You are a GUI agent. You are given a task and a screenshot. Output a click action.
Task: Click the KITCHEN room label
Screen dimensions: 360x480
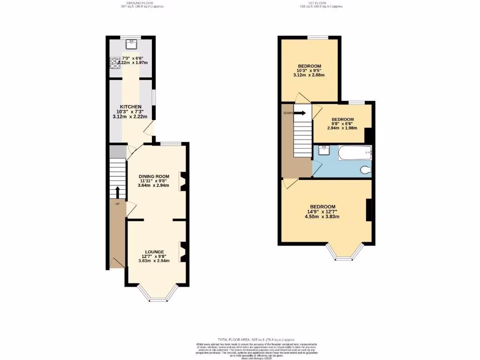pos(130,107)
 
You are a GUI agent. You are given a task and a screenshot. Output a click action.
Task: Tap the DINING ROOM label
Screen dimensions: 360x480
pos(153,176)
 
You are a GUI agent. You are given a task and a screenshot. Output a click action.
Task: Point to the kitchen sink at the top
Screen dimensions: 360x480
pos(131,45)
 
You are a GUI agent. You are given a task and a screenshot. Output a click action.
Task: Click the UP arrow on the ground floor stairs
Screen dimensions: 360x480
pos(117,193)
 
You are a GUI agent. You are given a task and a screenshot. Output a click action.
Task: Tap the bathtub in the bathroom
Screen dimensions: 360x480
pos(354,152)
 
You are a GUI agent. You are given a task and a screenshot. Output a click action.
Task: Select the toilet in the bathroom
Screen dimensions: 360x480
pos(365,169)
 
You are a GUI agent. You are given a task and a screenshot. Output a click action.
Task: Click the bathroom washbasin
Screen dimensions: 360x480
pos(323,150)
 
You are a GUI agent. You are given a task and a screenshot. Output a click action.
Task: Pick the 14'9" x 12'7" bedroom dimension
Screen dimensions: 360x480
pos(322,211)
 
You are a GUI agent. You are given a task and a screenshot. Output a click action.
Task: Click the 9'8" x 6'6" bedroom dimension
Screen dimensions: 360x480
pos(342,124)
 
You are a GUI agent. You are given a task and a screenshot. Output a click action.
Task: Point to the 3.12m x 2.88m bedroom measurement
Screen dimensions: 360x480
pos(309,75)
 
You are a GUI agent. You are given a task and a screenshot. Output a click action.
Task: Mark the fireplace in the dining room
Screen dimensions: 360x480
pos(183,182)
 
